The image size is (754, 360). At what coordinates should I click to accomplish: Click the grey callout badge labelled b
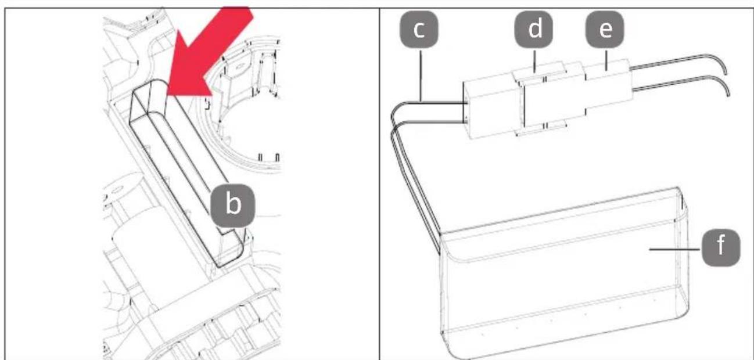point(232,205)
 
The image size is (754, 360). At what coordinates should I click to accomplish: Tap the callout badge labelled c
point(419,29)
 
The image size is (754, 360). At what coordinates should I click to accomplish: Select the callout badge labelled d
point(534,29)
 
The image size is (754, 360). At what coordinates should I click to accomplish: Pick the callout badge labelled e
point(605,29)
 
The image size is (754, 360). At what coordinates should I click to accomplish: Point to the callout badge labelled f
point(721,248)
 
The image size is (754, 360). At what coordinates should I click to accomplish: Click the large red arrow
point(209,54)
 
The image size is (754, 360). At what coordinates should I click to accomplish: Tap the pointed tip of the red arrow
point(168,95)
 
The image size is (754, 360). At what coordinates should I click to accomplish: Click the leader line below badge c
point(421,75)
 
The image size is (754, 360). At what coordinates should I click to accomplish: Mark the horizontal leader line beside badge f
point(675,249)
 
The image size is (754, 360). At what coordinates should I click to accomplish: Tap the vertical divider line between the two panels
point(380,183)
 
